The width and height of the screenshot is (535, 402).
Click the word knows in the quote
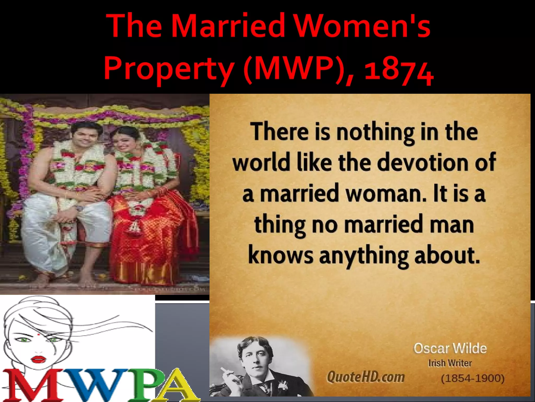tap(281, 255)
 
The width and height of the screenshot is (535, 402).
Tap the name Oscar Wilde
tap(450, 348)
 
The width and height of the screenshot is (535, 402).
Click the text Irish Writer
tap(450, 363)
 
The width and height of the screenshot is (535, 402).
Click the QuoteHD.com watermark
tap(366, 377)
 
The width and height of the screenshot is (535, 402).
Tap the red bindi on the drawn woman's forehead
tap(39, 334)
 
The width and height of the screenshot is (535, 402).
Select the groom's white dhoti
tap(52, 230)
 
